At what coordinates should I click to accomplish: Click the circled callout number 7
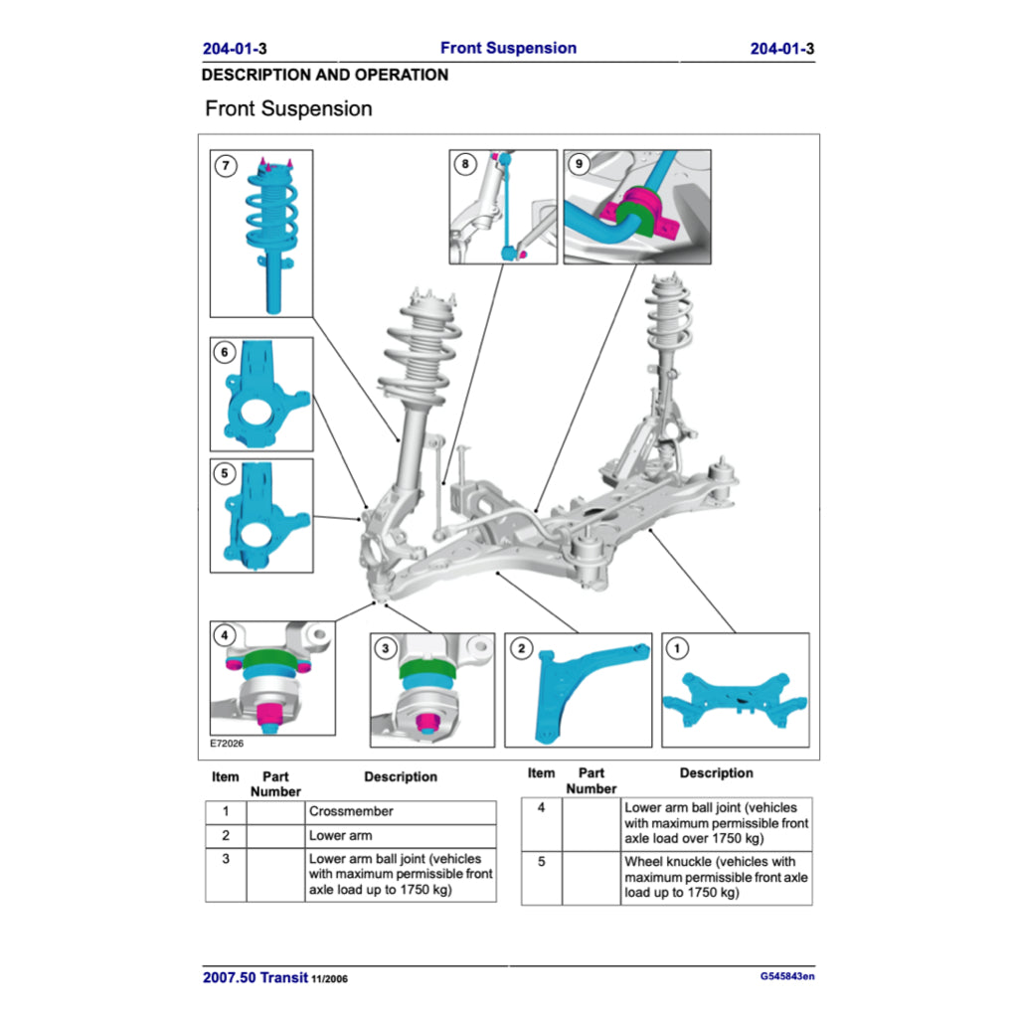(x=227, y=166)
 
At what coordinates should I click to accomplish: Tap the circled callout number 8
(x=464, y=165)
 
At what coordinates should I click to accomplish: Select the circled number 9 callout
(x=579, y=165)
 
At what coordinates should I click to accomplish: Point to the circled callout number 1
(x=676, y=648)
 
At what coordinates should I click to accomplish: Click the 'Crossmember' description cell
(x=400, y=812)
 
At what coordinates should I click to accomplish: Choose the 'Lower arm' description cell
(x=400, y=836)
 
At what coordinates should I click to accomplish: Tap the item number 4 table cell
(x=541, y=808)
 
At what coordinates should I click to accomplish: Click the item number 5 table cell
(x=541, y=861)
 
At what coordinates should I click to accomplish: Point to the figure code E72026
(x=227, y=743)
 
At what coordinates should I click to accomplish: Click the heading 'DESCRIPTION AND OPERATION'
(x=324, y=76)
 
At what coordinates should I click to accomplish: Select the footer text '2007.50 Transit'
(x=255, y=977)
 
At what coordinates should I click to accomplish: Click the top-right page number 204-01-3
(x=782, y=49)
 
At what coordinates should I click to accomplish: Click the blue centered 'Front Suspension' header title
(x=508, y=48)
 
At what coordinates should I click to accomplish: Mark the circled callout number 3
(x=386, y=649)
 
